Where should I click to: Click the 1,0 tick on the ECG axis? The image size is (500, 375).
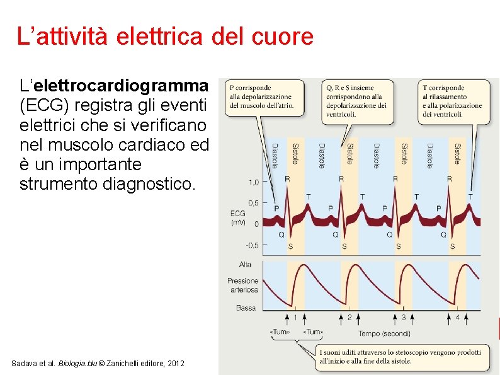click(x=253, y=182)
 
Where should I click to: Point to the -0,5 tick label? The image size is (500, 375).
click(x=251, y=245)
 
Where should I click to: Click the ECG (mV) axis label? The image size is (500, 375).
click(x=238, y=218)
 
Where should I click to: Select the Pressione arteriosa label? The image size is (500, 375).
click(x=243, y=285)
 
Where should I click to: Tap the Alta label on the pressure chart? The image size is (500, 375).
click(x=245, y=264)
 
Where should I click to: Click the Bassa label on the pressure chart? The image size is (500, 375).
click(x=246, y=308)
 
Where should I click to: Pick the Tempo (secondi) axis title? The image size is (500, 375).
click(x=384, y=333)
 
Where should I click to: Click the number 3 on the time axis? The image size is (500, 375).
click(x=404, y=317)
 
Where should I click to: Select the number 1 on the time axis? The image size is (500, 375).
click(x=295, y=317)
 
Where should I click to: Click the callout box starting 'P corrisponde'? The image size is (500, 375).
click(x=261, y=96)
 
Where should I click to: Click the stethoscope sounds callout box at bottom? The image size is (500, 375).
click(x=399, y=356)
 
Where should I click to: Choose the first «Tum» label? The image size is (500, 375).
click(x=280, y=332)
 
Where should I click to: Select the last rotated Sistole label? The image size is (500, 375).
click(x=457, y=154)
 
